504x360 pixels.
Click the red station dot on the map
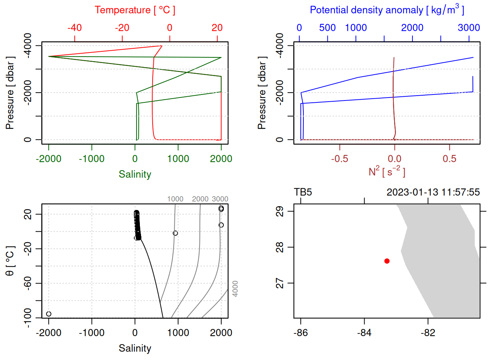(x=387, y=261)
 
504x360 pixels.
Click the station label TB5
(x=303, y=192)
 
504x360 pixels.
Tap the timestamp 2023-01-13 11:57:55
(x=433, y=192)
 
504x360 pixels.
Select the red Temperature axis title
(x=135, y=10)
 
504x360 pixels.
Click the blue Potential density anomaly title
(x=387, y=10)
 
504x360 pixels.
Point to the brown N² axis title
(x=387, y=171)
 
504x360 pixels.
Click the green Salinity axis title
(x=135, y=174)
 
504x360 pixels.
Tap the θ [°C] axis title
(x=10, y=261)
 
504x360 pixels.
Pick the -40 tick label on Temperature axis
(x=75, y=28)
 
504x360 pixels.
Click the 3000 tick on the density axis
(x=469, y=28)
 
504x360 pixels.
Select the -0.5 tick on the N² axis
(x=339, y=159)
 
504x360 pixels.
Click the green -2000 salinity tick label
(x=49, y=159)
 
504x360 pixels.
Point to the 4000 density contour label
(x=235, y=289)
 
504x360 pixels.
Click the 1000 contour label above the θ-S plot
(x=175, y=199)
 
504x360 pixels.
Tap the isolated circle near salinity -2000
(x=49, y=314)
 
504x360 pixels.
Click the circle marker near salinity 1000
(x=175, y=233)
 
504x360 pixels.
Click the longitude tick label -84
(x=364, y=333)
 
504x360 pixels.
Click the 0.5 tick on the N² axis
(x=449, y=159)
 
